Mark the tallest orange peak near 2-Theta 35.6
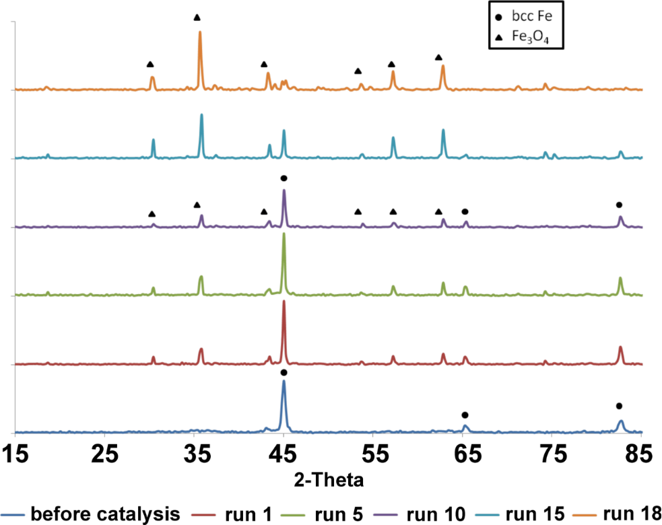[x=200, y=32]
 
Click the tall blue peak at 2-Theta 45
[x=284, y=382]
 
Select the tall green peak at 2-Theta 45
[x=284, y=234]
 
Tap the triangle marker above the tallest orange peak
[x=197, y=17]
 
